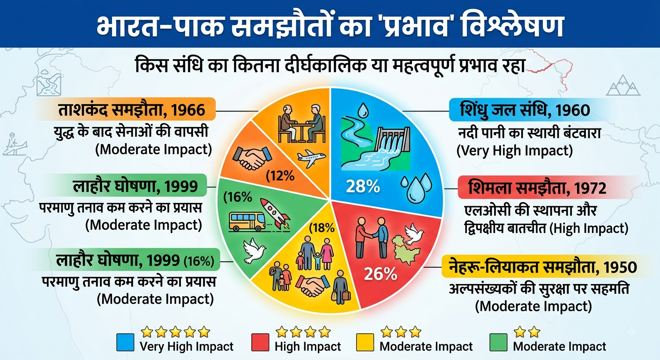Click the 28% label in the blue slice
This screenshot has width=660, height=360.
[363, 186]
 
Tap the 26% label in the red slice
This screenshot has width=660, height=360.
[380, 274]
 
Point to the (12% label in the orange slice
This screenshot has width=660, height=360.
[280, 176]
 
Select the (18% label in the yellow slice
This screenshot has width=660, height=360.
[322, 228]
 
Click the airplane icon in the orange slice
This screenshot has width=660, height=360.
[311, 158]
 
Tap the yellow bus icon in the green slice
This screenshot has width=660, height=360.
[247, 222]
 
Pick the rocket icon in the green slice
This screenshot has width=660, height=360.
[275, 213]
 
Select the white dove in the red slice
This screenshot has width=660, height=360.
[414, 234]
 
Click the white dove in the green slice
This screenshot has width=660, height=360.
[254, 250]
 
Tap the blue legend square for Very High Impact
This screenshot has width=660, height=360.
[125, 342]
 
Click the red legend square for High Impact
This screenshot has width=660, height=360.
[260, 342]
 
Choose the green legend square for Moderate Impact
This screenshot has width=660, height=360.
[499, 342]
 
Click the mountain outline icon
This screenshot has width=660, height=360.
[623, 85]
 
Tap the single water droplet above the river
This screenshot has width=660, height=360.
[363, 110]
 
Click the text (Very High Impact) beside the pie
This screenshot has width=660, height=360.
[514, 150]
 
